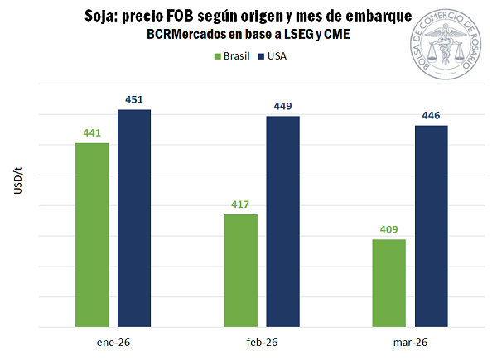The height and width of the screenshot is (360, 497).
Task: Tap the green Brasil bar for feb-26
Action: pyautogui.click(x=241, y=270)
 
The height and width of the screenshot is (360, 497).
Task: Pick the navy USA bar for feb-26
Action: pyautogui.click(x=282, y=221)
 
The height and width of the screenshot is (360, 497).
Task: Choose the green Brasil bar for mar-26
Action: pyautogui.click(x=389, y=282)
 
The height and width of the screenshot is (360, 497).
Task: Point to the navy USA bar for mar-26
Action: pyautogui.click(x=431, y=225)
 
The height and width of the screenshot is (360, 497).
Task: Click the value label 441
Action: pyautogui.click(x=92, y=133)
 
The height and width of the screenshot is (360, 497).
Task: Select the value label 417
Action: pyautogui.click(x=241, y=205)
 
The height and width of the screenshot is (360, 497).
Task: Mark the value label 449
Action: pyautogui.click(x=282, y=106)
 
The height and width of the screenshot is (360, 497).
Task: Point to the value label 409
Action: pyautogui.click(x=389, y=230)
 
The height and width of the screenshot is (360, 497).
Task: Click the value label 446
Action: pyautogui.click(x=431, y=116)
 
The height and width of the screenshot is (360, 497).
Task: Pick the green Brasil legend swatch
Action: pyautogui.click(x=218, y=56)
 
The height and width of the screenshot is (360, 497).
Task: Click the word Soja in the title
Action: pyautogui.click(x=101, y=17)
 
